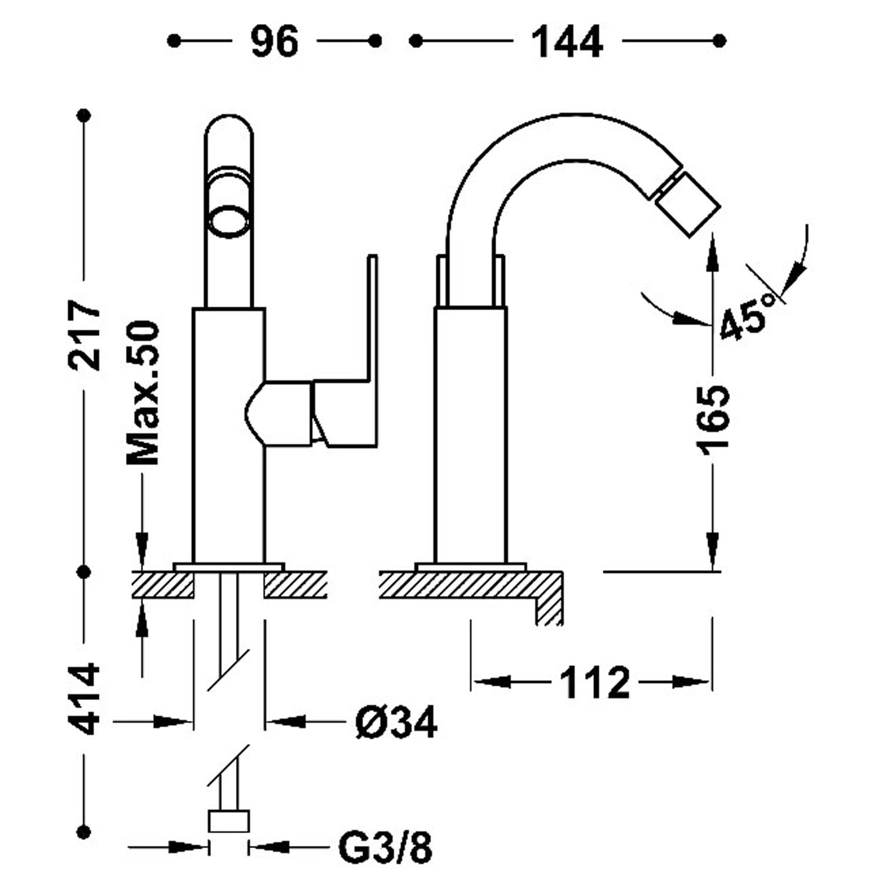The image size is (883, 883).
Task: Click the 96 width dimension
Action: [274, 42]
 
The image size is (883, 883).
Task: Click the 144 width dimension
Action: [567, 42]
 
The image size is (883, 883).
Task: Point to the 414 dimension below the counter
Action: [85, 699]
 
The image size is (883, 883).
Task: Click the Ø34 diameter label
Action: [396, 722]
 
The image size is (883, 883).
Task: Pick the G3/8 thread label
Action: [386, 848]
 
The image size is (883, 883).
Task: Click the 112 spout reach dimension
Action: [593, 683]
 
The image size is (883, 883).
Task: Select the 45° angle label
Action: [749, 316]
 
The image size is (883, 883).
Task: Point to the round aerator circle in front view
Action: [230, 221]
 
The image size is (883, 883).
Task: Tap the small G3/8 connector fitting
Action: [229, 821]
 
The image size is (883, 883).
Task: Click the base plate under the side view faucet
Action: [470, 567]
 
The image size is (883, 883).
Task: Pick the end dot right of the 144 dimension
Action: [719, 41]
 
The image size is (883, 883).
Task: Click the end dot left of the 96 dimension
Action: [174, 41]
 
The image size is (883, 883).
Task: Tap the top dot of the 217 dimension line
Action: [85, 114]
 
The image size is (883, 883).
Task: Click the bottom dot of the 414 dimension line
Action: [85, 832]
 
